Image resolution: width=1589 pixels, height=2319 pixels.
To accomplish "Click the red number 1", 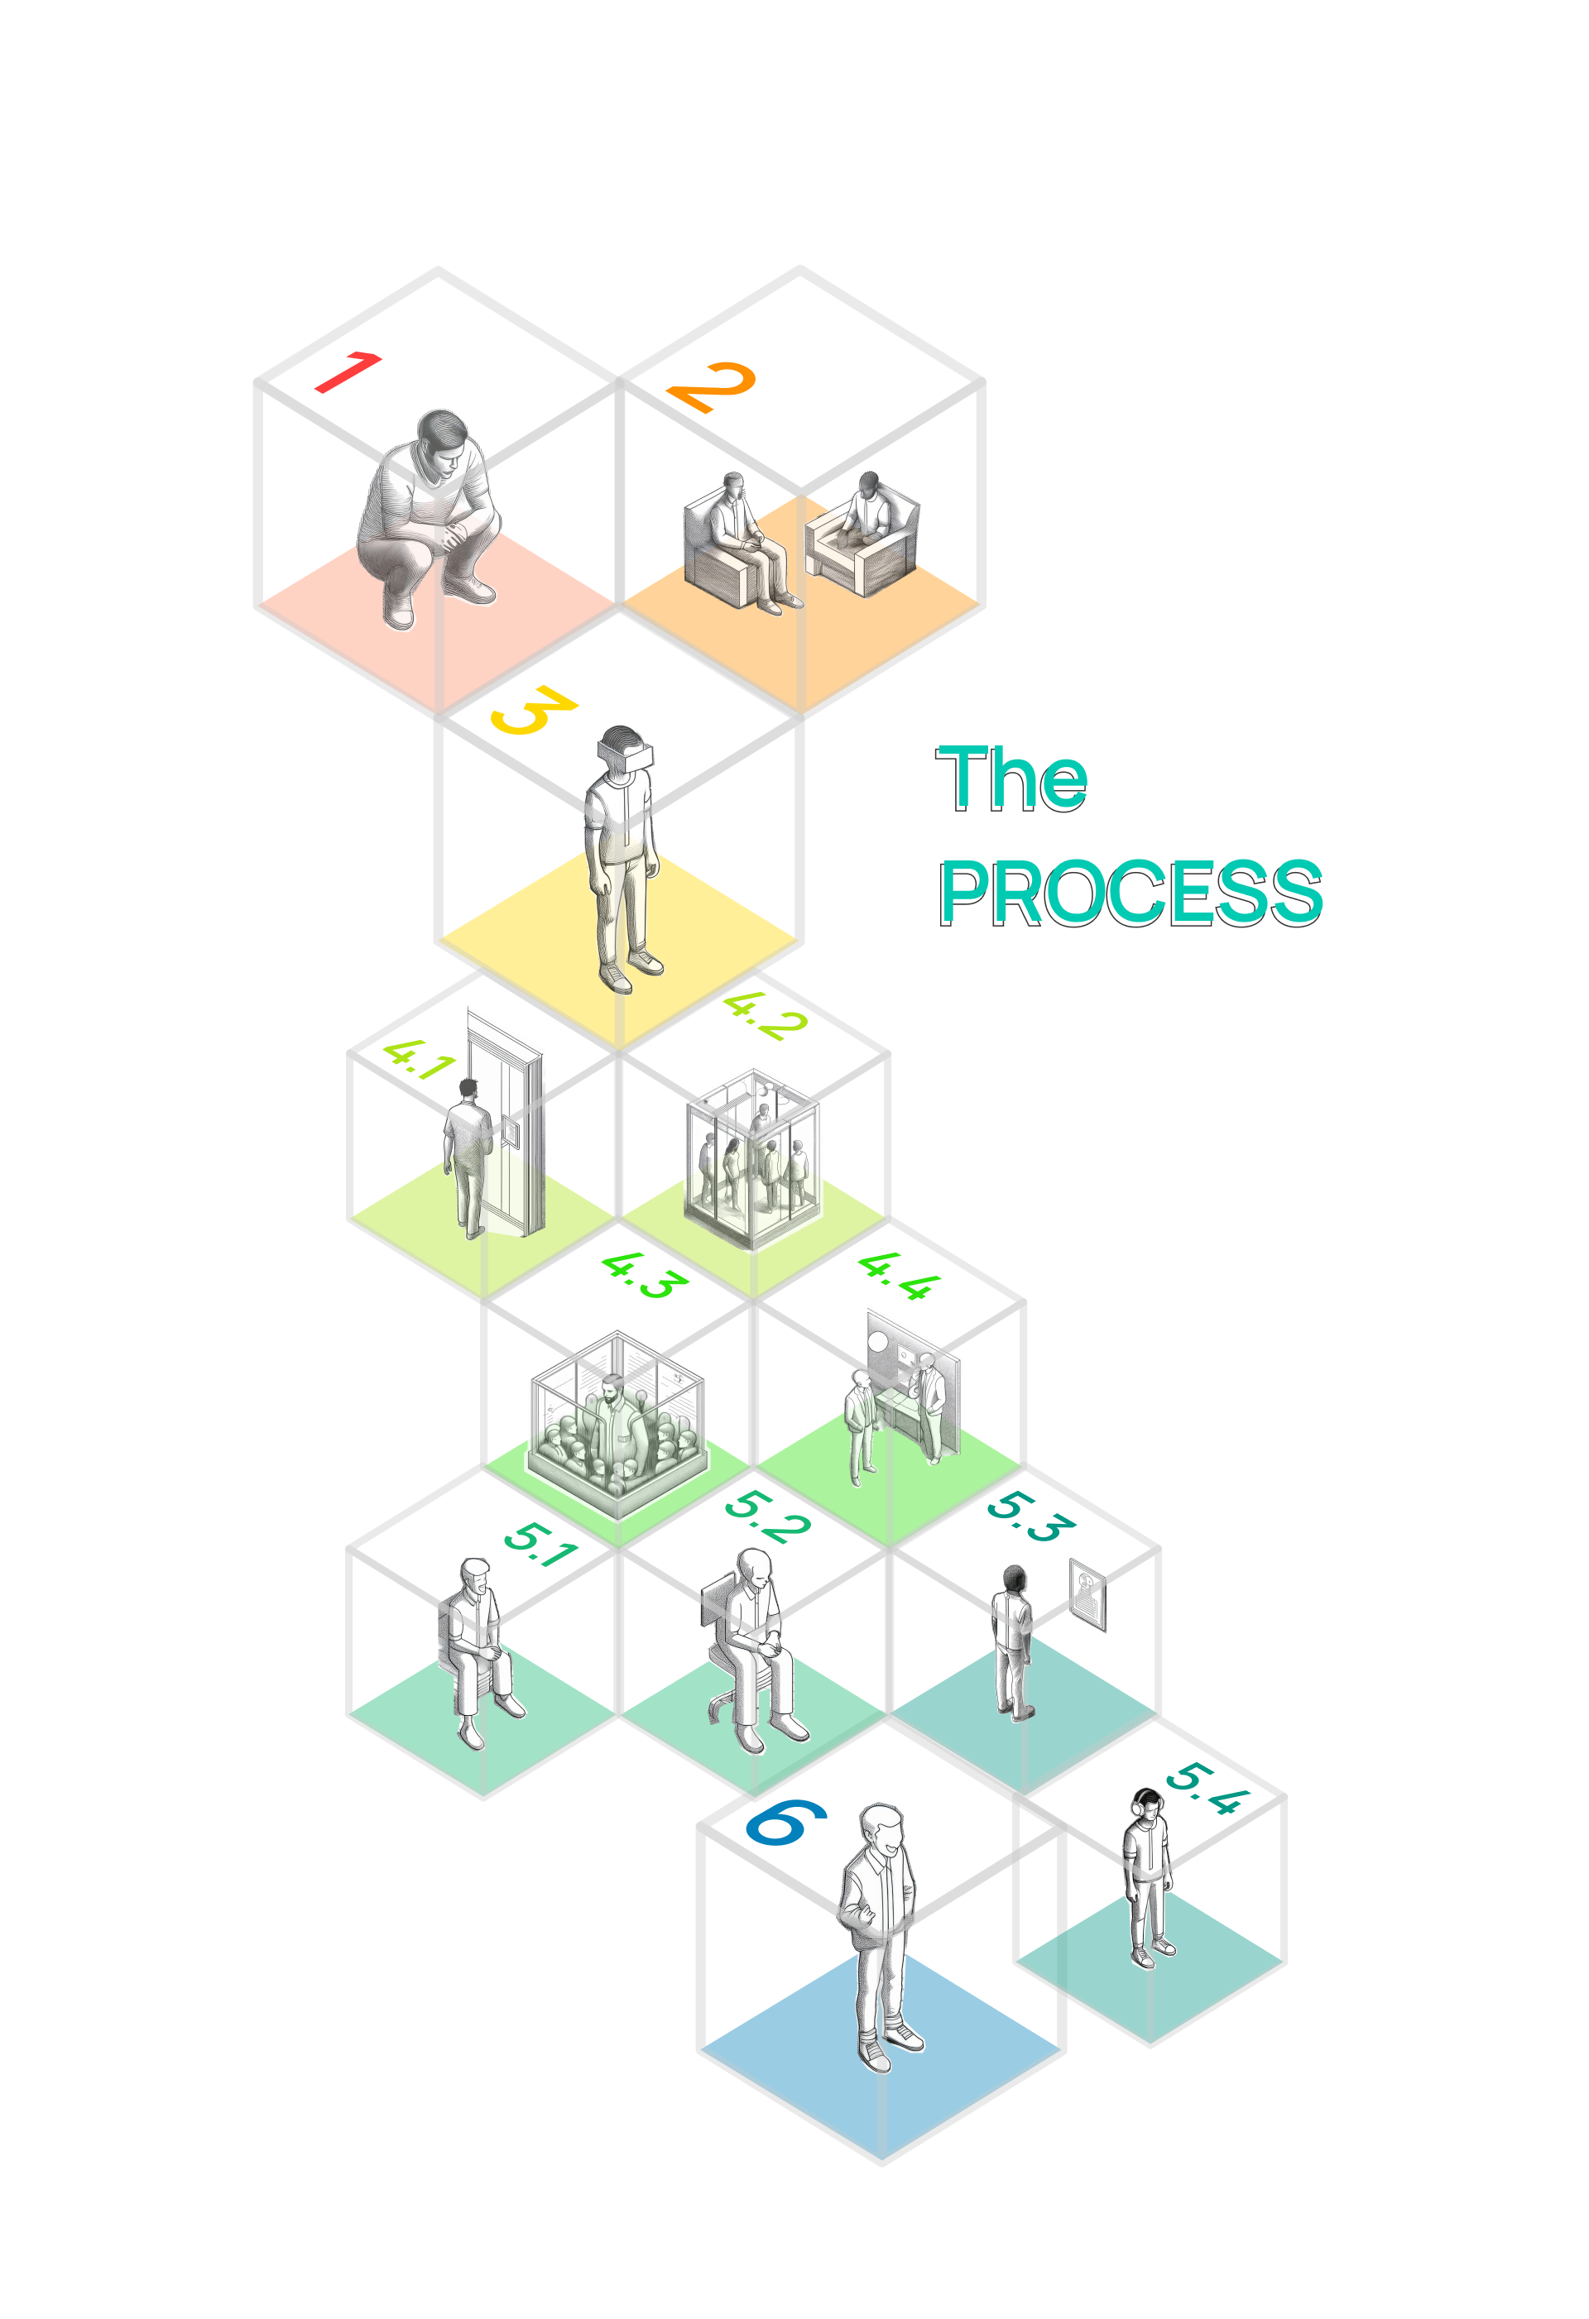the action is [348, 372].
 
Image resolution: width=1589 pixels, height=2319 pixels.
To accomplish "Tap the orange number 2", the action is [712, 387].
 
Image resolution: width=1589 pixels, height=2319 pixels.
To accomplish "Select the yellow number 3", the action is [533, 710].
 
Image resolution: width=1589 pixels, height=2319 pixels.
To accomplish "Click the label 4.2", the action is [765, 1016].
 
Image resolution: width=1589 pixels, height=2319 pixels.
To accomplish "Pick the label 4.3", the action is [645, 1275].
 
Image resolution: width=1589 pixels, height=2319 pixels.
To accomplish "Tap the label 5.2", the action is [766, 1516].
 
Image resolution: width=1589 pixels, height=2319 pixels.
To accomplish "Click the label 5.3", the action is [1030, 1516].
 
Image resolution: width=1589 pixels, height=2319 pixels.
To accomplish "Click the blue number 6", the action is [786, 1823].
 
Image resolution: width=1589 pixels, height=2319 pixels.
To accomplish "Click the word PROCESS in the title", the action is [1130, 893].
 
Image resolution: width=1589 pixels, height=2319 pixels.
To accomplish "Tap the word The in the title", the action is [1011, 779].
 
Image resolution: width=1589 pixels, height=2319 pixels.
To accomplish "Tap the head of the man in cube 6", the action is [882, 1831].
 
